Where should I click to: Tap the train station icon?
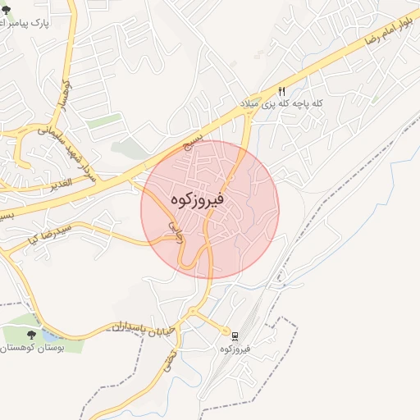[x=235, y=336]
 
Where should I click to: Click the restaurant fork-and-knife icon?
[x=281, y=92]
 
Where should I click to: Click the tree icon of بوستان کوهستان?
[x=31, y=335]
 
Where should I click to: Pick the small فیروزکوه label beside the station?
[x=235, y=349]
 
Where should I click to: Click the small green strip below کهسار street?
[x=105, y=121]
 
